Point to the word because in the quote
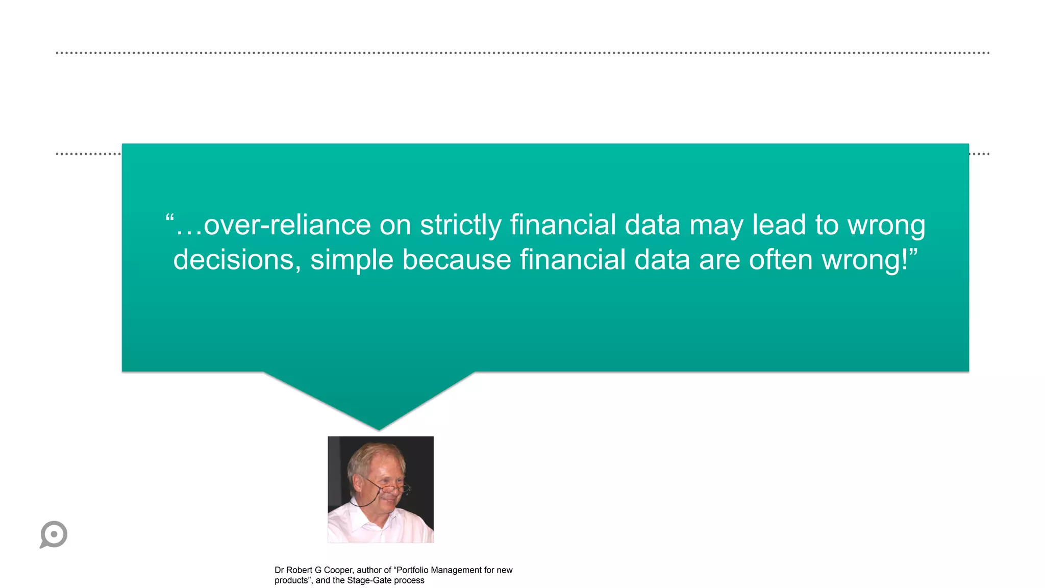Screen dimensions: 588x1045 456,260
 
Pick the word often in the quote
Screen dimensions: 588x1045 780,260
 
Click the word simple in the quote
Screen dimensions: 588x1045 352,260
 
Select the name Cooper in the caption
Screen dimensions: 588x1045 338,570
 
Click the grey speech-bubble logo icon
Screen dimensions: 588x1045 54,534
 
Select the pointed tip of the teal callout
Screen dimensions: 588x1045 379,429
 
